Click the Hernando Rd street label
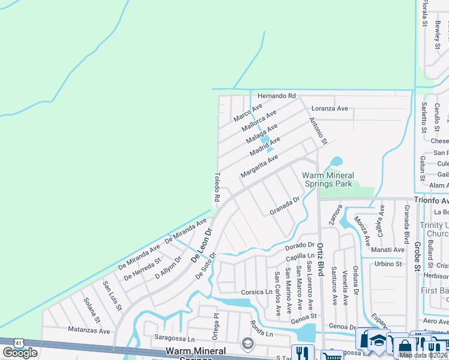pos(277,96)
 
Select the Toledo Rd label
pos(217,188)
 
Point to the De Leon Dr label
pos(202,245)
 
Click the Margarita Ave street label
pos(259,166)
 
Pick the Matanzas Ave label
pos(89,331)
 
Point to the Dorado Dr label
pos(300,245)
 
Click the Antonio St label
pos(318,131)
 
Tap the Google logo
pos(20,353)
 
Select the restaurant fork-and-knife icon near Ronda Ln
pos(303,353)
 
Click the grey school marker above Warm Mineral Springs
pos(247,343)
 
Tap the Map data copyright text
pos(423,355)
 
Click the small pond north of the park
pos(336,161)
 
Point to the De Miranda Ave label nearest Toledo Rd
pos(186,231)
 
